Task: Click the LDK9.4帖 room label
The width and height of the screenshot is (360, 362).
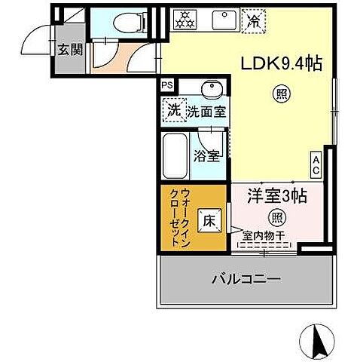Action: click(x=280, y=64)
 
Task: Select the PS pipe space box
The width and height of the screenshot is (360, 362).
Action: click(x=167, y=87)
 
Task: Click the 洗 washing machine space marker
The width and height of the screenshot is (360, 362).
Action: click(x=173, y=109)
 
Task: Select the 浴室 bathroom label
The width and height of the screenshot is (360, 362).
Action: click(x=206, y=157)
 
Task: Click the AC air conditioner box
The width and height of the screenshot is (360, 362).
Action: click(x=317, y=164)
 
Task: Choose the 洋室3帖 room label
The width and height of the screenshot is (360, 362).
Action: click(x=278, y=195)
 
